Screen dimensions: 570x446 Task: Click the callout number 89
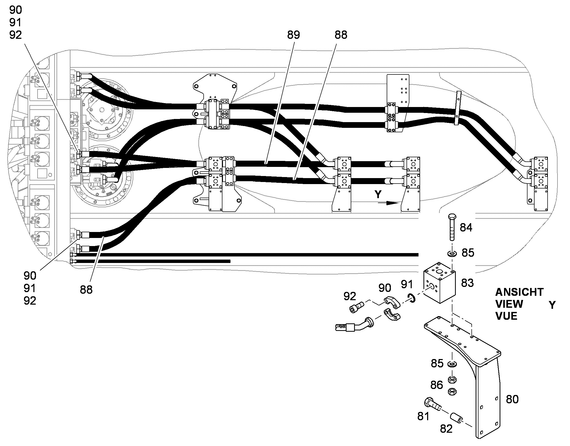293,35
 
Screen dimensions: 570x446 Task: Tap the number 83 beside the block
467,283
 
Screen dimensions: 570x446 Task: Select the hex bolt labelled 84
452,227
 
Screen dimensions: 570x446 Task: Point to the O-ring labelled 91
411,298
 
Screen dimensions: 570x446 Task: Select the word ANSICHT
519,292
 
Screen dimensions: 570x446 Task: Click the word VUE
506,316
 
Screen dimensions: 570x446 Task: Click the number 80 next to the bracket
512,399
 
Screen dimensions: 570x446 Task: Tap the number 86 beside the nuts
437,385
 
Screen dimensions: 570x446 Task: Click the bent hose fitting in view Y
354,325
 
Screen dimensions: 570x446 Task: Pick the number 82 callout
446,429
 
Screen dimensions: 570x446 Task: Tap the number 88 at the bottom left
86,290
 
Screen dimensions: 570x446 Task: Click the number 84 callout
466,228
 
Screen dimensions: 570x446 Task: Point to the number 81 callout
423,416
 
